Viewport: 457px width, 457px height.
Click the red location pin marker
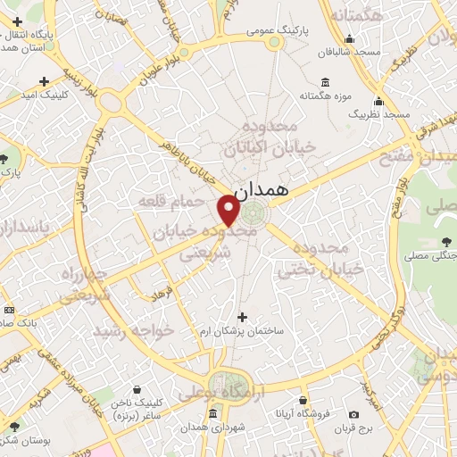tap(228, 212)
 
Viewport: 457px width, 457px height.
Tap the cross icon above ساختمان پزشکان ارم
tap(241, 316)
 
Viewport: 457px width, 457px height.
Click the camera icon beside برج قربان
tap(353, 415)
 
